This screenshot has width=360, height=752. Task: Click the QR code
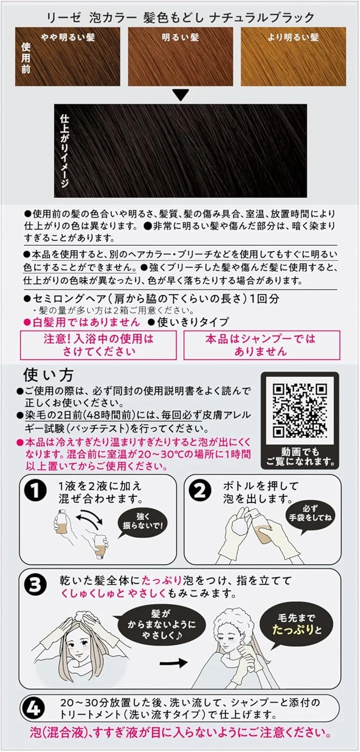[x=300, y=410]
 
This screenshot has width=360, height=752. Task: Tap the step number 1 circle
[x=36, y=491]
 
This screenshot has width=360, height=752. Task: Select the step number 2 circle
[x=200, y=491]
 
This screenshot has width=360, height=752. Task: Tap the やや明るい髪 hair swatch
[x=68, y=56]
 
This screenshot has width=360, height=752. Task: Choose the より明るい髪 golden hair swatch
[x=293, y=56]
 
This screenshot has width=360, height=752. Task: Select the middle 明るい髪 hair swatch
[x=181, y=56]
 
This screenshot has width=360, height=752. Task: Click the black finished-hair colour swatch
[x=181, y=151]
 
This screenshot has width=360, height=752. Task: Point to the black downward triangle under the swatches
[x=181, y=95]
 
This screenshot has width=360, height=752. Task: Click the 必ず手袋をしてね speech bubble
[x=310, y=515]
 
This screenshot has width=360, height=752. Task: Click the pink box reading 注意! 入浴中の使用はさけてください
[x=98, y=345]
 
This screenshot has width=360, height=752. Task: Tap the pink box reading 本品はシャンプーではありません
[x=262, y=345]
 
